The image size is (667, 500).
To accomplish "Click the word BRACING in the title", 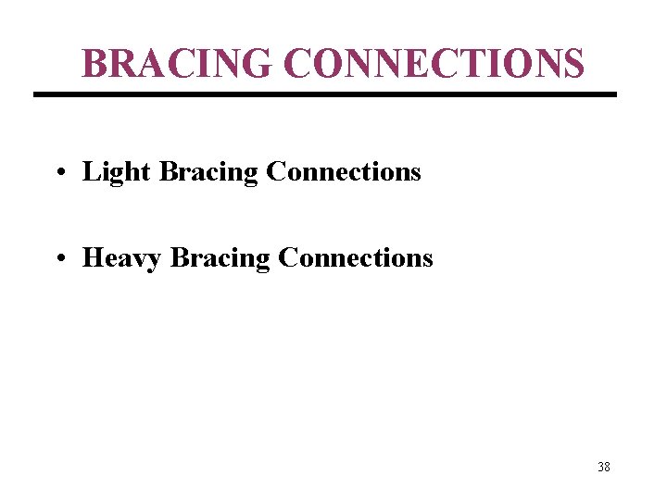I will [x=177, y=63].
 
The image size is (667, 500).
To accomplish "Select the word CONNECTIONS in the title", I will [x=434, y=63].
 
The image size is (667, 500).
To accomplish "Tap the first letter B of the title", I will [x=94, y=63].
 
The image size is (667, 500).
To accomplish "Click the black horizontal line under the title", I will [x=324, y=94].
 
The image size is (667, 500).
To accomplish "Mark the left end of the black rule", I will [x=36, y=94].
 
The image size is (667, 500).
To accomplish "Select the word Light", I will [x=117, y=172].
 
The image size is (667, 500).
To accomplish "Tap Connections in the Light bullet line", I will [x=343, y=172].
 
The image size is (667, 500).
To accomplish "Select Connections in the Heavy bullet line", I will [x=355, y=258].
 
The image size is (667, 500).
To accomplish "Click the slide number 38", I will [x=604, y=467].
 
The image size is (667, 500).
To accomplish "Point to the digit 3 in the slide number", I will [x=600, y=467].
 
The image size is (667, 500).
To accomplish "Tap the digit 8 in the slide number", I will [x=608, y=467].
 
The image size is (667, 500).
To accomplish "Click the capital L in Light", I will [x=90, y=172].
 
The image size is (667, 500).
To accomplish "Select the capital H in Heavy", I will [x=93, y=258].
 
